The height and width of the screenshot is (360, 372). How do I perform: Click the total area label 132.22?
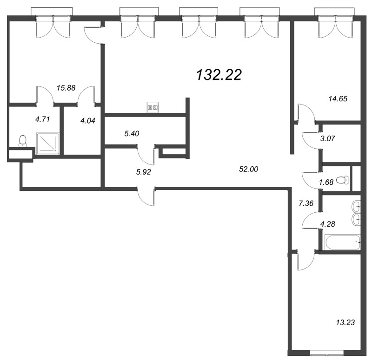(219, 75)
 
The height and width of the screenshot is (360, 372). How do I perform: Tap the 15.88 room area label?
(66, 88)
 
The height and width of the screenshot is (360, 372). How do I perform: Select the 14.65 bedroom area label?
(338, 98)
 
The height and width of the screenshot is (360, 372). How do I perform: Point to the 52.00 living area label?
(249, 169)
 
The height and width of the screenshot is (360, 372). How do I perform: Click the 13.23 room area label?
(345, 322)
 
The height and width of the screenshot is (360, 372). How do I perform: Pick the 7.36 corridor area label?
(306, 203)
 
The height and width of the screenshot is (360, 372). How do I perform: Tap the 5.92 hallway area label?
(144, 172)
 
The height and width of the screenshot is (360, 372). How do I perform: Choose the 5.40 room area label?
(132, 134)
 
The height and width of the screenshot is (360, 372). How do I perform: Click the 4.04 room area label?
(88, 121)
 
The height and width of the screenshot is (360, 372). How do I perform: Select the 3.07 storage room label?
(327, 138)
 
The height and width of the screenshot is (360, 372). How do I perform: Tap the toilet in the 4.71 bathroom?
(23, 141)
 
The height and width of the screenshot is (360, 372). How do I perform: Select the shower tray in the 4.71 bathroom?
(47, 144)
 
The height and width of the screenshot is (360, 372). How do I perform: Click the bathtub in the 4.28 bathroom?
(342, 242)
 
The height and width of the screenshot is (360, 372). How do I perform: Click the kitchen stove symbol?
(153, 107)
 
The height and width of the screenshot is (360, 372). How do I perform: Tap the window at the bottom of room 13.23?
(327, 355)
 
